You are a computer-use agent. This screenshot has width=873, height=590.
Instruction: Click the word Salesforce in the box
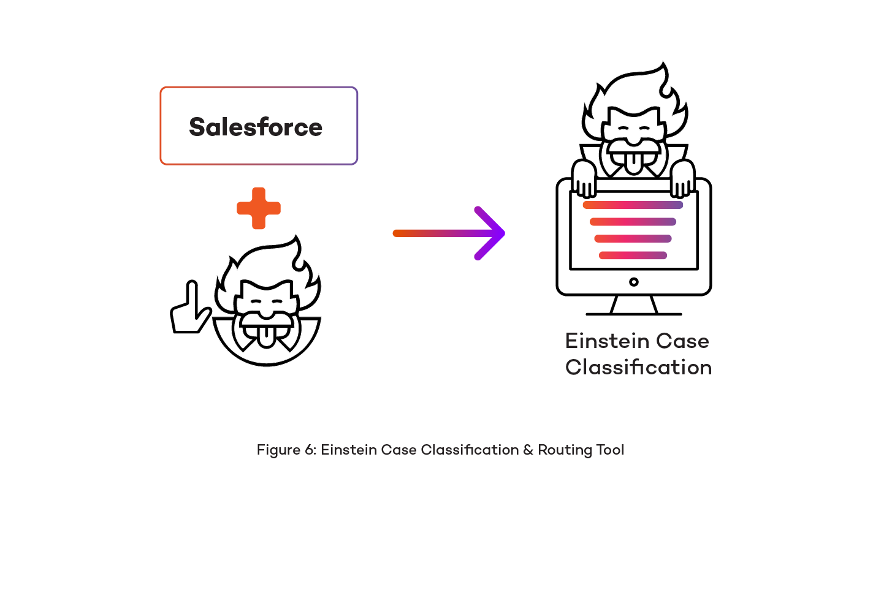[x=256, y=127]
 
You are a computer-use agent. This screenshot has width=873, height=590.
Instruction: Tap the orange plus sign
[x=259, y=208]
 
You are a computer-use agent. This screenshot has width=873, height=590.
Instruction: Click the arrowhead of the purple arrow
[x=494, y=233]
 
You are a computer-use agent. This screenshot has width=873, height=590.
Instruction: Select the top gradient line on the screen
[x=633, y=205]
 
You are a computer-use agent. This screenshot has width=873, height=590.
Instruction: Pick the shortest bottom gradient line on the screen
[x=633, y=255]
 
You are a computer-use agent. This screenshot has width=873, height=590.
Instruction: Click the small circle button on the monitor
[x=634, y=282]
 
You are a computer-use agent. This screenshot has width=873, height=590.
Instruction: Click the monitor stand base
[x=634, y=313]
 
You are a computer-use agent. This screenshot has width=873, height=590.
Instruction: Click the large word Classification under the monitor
[x=638, y=368]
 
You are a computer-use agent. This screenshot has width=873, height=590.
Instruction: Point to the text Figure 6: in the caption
[x=286, y=450]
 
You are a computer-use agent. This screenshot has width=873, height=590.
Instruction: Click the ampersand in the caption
[x=528, y=450]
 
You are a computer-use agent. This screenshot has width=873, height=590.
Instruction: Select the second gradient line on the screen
[x=633, y=222]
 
